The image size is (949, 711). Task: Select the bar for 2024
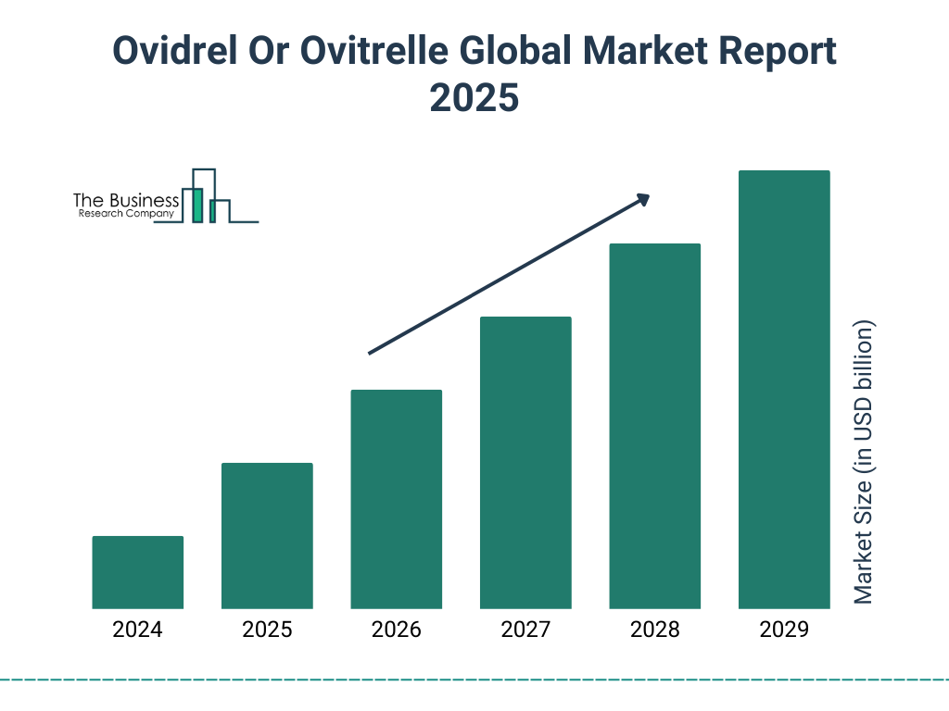tap(138, 572)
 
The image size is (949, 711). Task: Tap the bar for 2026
tap(397, 499)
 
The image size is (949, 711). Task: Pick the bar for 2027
tap(525, 463)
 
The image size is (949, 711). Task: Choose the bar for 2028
tap(654, 426)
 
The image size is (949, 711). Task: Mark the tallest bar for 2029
tap(784, 390)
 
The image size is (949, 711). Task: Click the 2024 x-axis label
tap(138, 630)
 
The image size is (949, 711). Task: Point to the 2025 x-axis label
tap(267, 630)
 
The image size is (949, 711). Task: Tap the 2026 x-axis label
tap(397, 630)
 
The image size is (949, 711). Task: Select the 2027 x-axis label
tap(525, 630)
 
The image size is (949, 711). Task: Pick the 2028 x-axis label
tap(654, 630)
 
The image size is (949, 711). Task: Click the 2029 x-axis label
tap(784, 630)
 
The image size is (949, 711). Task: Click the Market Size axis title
tap(864, 462)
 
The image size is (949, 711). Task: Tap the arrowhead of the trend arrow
tap(642, 199)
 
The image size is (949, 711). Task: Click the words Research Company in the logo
tap(125, 214)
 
